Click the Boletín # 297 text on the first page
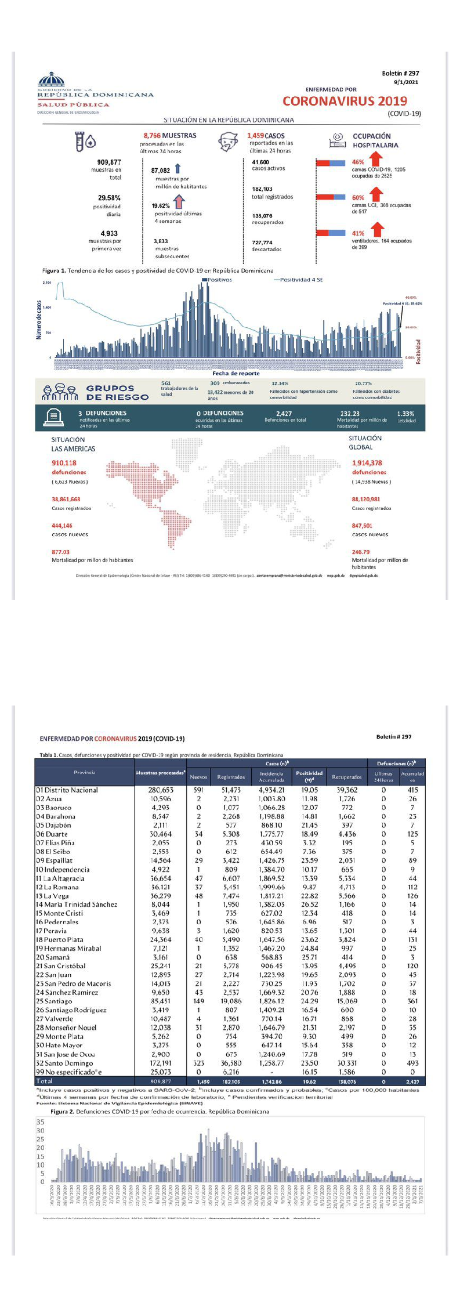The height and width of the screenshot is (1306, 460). coord(400,74)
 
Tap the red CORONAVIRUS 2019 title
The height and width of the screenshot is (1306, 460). coord(345,101)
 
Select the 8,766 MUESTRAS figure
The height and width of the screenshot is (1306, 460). coord(170,136)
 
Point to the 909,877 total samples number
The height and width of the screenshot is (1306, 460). coord(109,162)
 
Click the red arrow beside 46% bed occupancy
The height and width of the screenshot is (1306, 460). coord(375,160)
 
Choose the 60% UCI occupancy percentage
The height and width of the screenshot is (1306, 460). coord(358,198)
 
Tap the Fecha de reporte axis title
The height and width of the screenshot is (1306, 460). coord(236,374)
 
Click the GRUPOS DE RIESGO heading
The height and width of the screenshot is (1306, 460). coord(117,393)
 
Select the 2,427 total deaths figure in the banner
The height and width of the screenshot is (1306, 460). coord(284,414)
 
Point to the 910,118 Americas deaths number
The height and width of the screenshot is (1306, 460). coord(64,463)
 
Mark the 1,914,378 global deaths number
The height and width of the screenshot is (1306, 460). coord(367,463)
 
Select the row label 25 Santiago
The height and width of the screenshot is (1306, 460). coord(54,1001)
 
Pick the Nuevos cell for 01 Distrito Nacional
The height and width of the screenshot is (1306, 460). coord(198,790)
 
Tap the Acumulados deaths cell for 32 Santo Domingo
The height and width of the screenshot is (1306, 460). coord(412,1063)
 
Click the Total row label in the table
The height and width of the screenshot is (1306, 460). coord(44,1081)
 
